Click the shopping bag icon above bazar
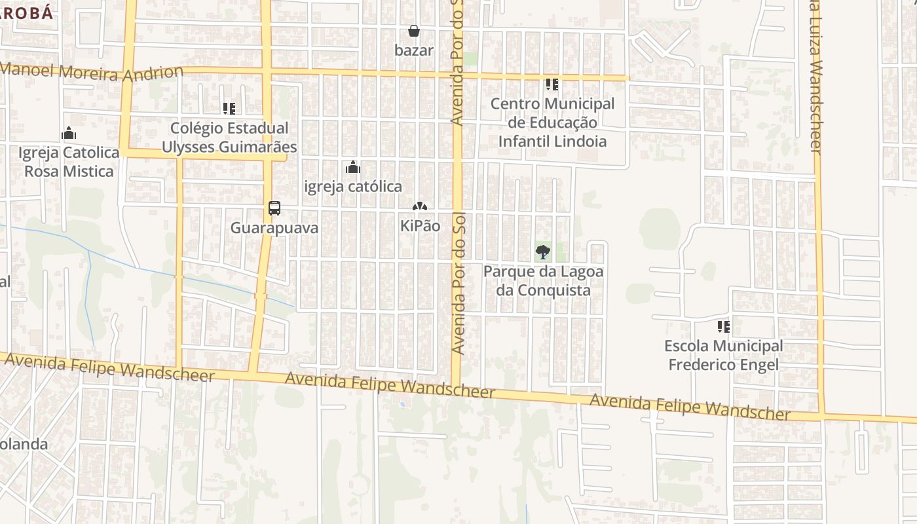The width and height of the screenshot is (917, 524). (x=414, y=31)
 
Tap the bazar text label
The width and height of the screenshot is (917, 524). (x=414, y=50)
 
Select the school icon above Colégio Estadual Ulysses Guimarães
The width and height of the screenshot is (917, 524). (x=229, y=109)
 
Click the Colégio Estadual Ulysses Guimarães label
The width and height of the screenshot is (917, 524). (x=229, y=138)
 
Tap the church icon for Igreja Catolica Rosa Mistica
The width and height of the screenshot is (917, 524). (x=69, y=134)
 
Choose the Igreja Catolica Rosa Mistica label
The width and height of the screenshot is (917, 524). (x=69, y=162)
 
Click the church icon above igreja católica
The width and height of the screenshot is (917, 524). (x=353, y=167)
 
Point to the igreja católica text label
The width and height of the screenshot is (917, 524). (x=353, y=187)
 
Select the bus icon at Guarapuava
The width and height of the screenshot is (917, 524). (x=274, y=208)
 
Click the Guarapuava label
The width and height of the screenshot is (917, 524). (x=274, y=228)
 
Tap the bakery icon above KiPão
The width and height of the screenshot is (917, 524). (x=420, y=207)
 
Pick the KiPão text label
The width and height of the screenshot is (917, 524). (x=420, y=226)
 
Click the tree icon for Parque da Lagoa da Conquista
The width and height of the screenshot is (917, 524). (x=543, y=252)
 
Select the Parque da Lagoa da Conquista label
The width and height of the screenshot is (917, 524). (x=543, y=280)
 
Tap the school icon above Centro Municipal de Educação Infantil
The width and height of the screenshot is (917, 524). (x=552, y=84)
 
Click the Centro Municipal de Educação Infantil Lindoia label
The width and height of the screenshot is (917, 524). (x=552, y=122)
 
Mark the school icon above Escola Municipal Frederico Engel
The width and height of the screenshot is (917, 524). (x=724, y=326)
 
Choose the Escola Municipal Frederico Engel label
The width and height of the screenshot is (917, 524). (x=724, y=355)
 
